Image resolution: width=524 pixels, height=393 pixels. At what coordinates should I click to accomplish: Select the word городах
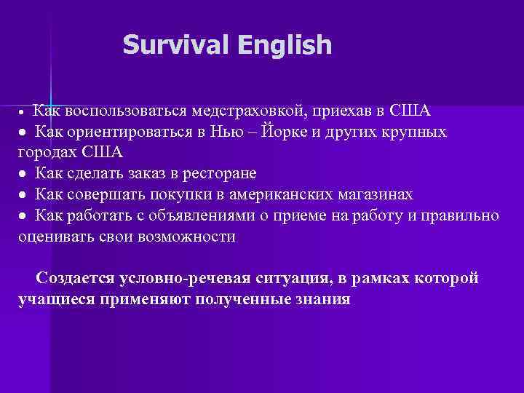point(48,153)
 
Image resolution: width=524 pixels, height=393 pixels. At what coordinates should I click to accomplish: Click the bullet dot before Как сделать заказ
point(24,175)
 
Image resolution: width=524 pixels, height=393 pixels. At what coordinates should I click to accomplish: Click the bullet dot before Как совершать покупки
point(24,196)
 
